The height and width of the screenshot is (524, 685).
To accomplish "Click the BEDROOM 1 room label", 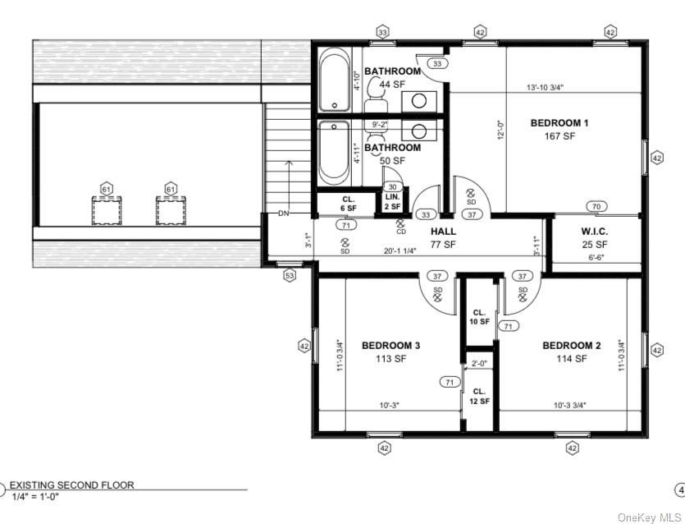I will (559, 123).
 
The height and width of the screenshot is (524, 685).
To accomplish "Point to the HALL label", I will (443, 232).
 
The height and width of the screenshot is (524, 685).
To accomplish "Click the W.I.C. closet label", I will (594, 232).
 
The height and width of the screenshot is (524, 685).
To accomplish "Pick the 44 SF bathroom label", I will (392, 71).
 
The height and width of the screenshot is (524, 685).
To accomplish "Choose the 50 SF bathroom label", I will (392, 148).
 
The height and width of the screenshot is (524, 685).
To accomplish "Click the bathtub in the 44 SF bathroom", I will (334, 80).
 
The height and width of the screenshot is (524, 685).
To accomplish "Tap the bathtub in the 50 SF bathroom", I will (334, 153).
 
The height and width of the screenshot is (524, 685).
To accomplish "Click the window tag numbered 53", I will (289, 276).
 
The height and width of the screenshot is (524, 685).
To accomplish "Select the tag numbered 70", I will (596, 206).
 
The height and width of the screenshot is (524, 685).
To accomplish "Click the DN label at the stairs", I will (284, 214).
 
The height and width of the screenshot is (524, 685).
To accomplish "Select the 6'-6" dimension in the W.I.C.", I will (594, 257).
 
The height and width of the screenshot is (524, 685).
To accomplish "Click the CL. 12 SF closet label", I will (480, 396).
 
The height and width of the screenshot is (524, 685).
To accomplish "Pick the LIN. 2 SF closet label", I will (393, 201).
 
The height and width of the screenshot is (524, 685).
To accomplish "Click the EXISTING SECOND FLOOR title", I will (71, 485).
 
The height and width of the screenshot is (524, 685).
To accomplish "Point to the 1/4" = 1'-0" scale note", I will (34, 496).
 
